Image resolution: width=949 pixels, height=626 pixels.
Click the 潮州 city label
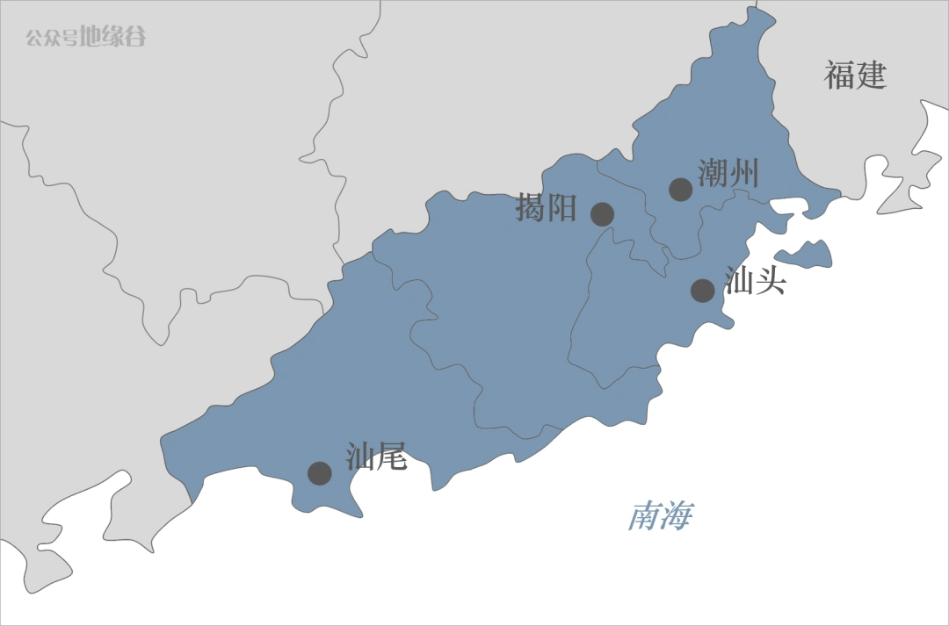point(728,173)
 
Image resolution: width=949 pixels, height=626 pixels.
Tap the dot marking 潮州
point(681,189)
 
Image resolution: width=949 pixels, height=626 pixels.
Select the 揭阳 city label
point(547,208)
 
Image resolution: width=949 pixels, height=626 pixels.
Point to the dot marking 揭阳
point(602,213)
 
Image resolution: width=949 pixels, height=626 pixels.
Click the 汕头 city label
point(755,281)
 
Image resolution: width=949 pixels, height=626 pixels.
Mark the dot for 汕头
point(702,290)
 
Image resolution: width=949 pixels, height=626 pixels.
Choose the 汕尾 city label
point(376,457)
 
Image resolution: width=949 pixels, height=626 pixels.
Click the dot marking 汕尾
point(319,473)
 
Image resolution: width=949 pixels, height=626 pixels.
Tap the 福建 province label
point(855,76)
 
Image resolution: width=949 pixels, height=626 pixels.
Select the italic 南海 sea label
point(660,516)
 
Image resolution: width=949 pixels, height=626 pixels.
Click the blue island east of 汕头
point(807,255)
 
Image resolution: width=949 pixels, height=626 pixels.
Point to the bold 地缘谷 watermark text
point(113,37)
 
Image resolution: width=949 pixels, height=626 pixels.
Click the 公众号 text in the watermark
point(51,38)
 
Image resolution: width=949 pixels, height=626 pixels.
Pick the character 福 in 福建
point(839,76)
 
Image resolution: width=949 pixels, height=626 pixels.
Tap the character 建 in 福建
point(871,76)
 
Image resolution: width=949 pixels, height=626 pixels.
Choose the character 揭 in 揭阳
point(531,208)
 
